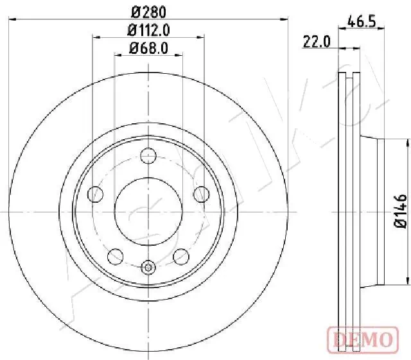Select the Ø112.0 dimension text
[148, 30]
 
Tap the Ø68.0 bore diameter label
[148, 47]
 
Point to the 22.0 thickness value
[317, 42]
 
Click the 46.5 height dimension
[361, 21]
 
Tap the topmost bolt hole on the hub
[148, 155]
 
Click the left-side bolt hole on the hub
[96, 193]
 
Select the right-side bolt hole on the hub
[201, 193]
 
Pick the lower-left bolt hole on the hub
[116, 255]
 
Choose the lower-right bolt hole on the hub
[181, 255]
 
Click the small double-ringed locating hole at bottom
[148, 268]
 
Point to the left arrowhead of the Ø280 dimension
[12, 21]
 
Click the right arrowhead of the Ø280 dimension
[285, 21]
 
